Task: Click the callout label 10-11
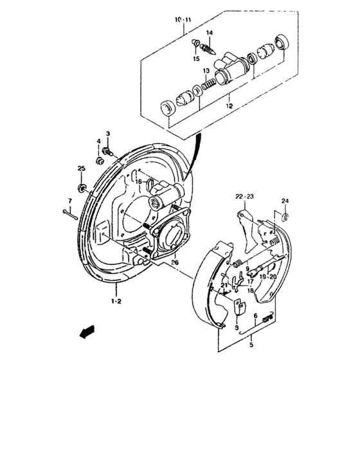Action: pyautogui.click(x=183, y=21)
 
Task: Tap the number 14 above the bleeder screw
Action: pyautogui.click(x=210, y=33)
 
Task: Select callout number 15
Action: pyautogui.click(x=197, y=58)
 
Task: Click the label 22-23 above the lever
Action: pyautogui.click(x=245, y=197)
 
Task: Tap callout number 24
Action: pyautogui.click(x=285, y=201)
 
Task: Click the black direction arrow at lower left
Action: pyautogui.click(x=83, y=332)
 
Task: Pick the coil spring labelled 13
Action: pyautogui.click(x=208, y=84)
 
